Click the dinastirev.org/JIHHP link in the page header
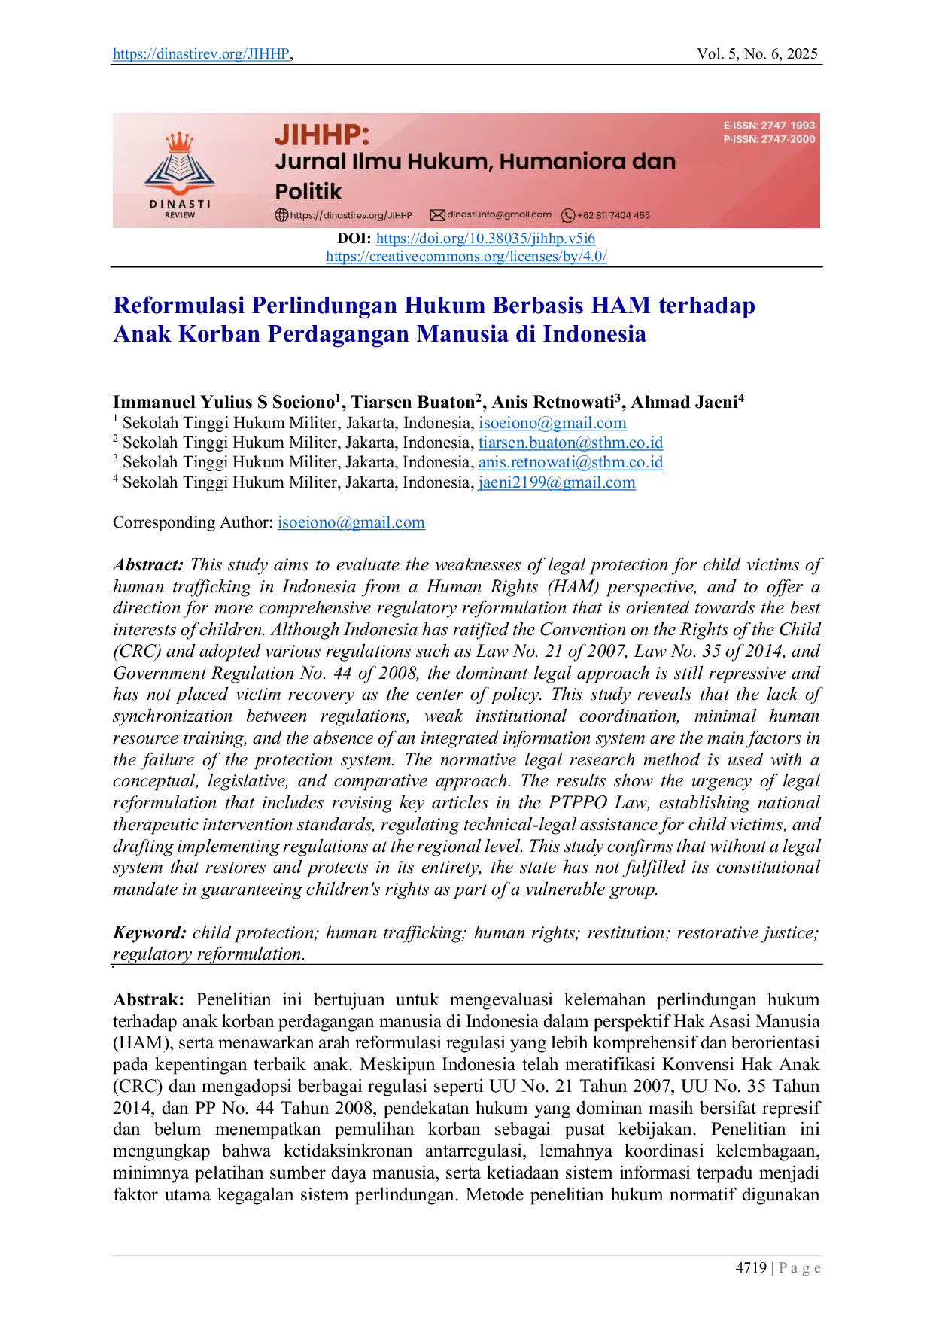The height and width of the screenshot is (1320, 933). tap(202, 54)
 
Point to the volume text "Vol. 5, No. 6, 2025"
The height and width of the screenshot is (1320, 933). tap(757, 54)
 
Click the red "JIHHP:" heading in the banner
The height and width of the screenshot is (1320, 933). tap(322, 135)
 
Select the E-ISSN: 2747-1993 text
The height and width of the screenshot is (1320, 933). tap(769, 126)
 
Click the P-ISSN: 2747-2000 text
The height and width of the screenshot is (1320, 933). tap(769, 139)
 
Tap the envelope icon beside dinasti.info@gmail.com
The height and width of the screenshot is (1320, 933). tap(437, 215)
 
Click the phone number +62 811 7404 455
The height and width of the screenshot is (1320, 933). tap(613, 215)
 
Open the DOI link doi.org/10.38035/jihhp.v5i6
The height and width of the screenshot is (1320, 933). tap(485, 239)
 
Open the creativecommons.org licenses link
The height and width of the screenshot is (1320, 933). tap(466, 257)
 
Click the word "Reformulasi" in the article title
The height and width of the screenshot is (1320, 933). tap(179, 306)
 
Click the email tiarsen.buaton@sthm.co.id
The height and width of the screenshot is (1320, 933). tap(570, 443)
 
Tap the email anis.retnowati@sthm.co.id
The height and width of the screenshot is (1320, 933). tap(570, 462)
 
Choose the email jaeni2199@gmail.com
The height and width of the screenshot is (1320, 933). tap(557, 482)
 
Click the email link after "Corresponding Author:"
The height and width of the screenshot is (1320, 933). tap(351, 522)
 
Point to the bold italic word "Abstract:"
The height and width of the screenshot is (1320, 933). tap(148, 565)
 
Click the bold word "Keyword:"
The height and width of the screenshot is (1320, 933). tap(150, 933)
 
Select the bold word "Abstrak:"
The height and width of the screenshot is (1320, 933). tap(148, 1000)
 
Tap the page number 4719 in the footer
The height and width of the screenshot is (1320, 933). tap(751, 1268)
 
